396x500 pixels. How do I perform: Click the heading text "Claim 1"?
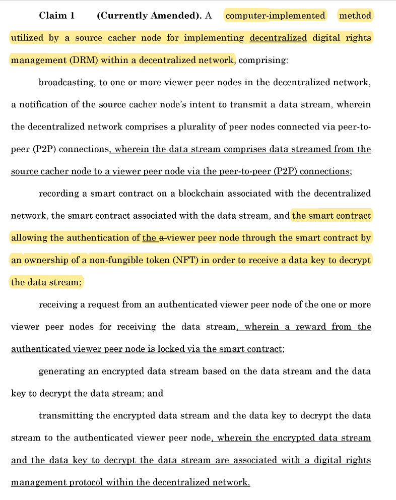point(56,16)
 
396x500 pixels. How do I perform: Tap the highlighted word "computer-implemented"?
point(275,16)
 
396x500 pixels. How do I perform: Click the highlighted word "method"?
point(355,16)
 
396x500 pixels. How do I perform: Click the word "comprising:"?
point(263,60)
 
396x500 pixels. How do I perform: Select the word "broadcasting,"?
point(67,83)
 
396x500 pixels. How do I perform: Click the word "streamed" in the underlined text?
point(287,149)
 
